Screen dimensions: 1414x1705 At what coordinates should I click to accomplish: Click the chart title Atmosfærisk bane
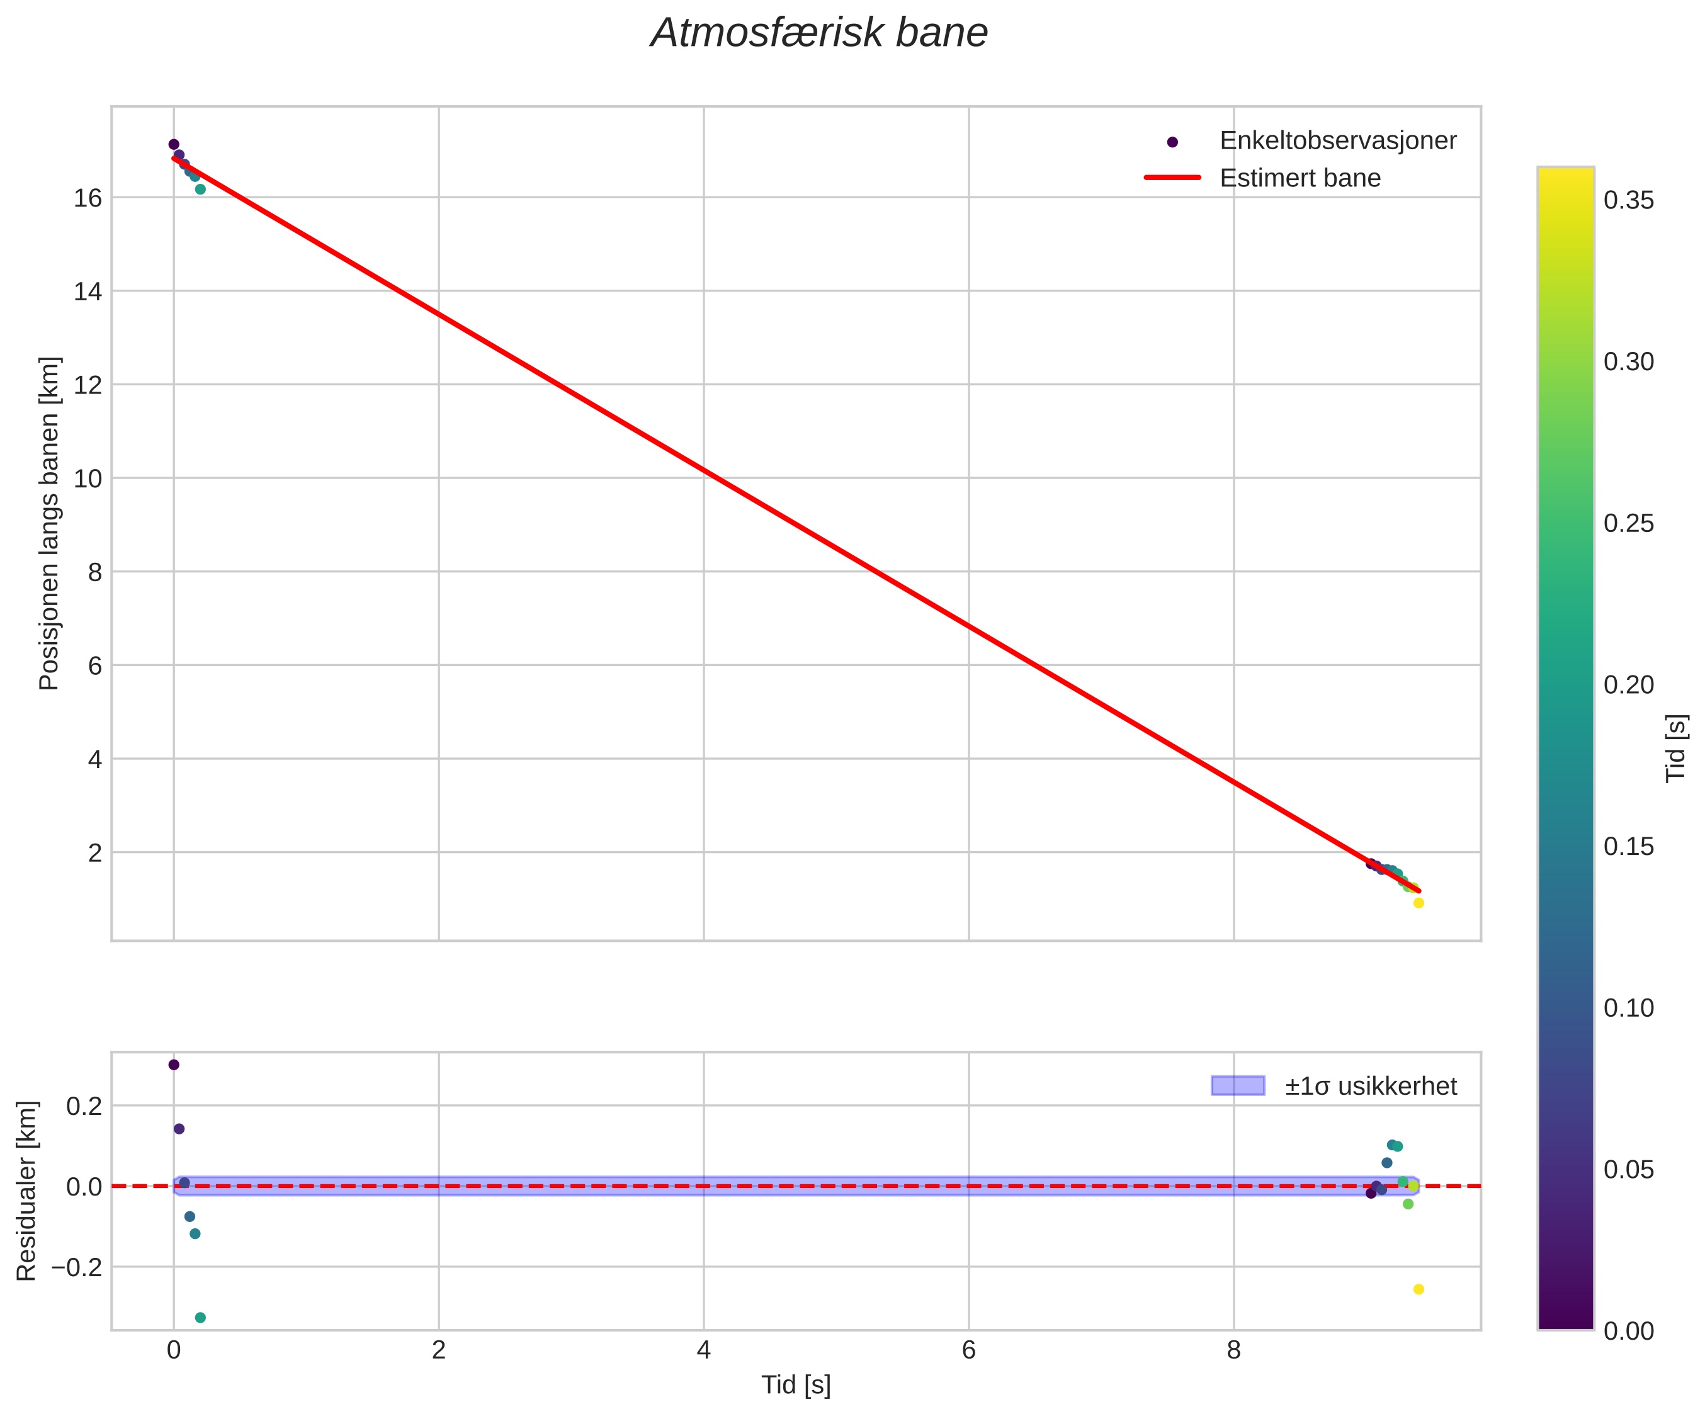819,33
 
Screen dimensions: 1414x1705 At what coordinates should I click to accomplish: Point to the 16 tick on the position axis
88,198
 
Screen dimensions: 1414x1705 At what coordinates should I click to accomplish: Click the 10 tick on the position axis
88,479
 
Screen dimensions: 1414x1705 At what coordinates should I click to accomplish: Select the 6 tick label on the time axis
968,1350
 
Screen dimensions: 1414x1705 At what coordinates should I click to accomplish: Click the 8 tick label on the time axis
1233,1350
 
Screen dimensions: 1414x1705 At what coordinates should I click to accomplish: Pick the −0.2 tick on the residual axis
77,1267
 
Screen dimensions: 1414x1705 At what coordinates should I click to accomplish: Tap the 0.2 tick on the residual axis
84,1106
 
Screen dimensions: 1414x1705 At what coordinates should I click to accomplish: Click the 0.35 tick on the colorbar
1629,200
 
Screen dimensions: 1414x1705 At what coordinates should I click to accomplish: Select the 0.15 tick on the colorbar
1629,847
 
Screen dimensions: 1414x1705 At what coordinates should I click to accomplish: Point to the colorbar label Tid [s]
1676,747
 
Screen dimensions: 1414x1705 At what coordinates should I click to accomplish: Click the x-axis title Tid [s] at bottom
796,1385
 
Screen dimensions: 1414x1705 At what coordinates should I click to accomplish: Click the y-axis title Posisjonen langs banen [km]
50,524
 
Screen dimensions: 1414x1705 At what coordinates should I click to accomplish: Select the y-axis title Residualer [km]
27,1191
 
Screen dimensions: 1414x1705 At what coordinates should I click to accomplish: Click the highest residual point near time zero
174,1065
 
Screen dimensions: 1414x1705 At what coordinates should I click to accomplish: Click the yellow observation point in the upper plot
1419,903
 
